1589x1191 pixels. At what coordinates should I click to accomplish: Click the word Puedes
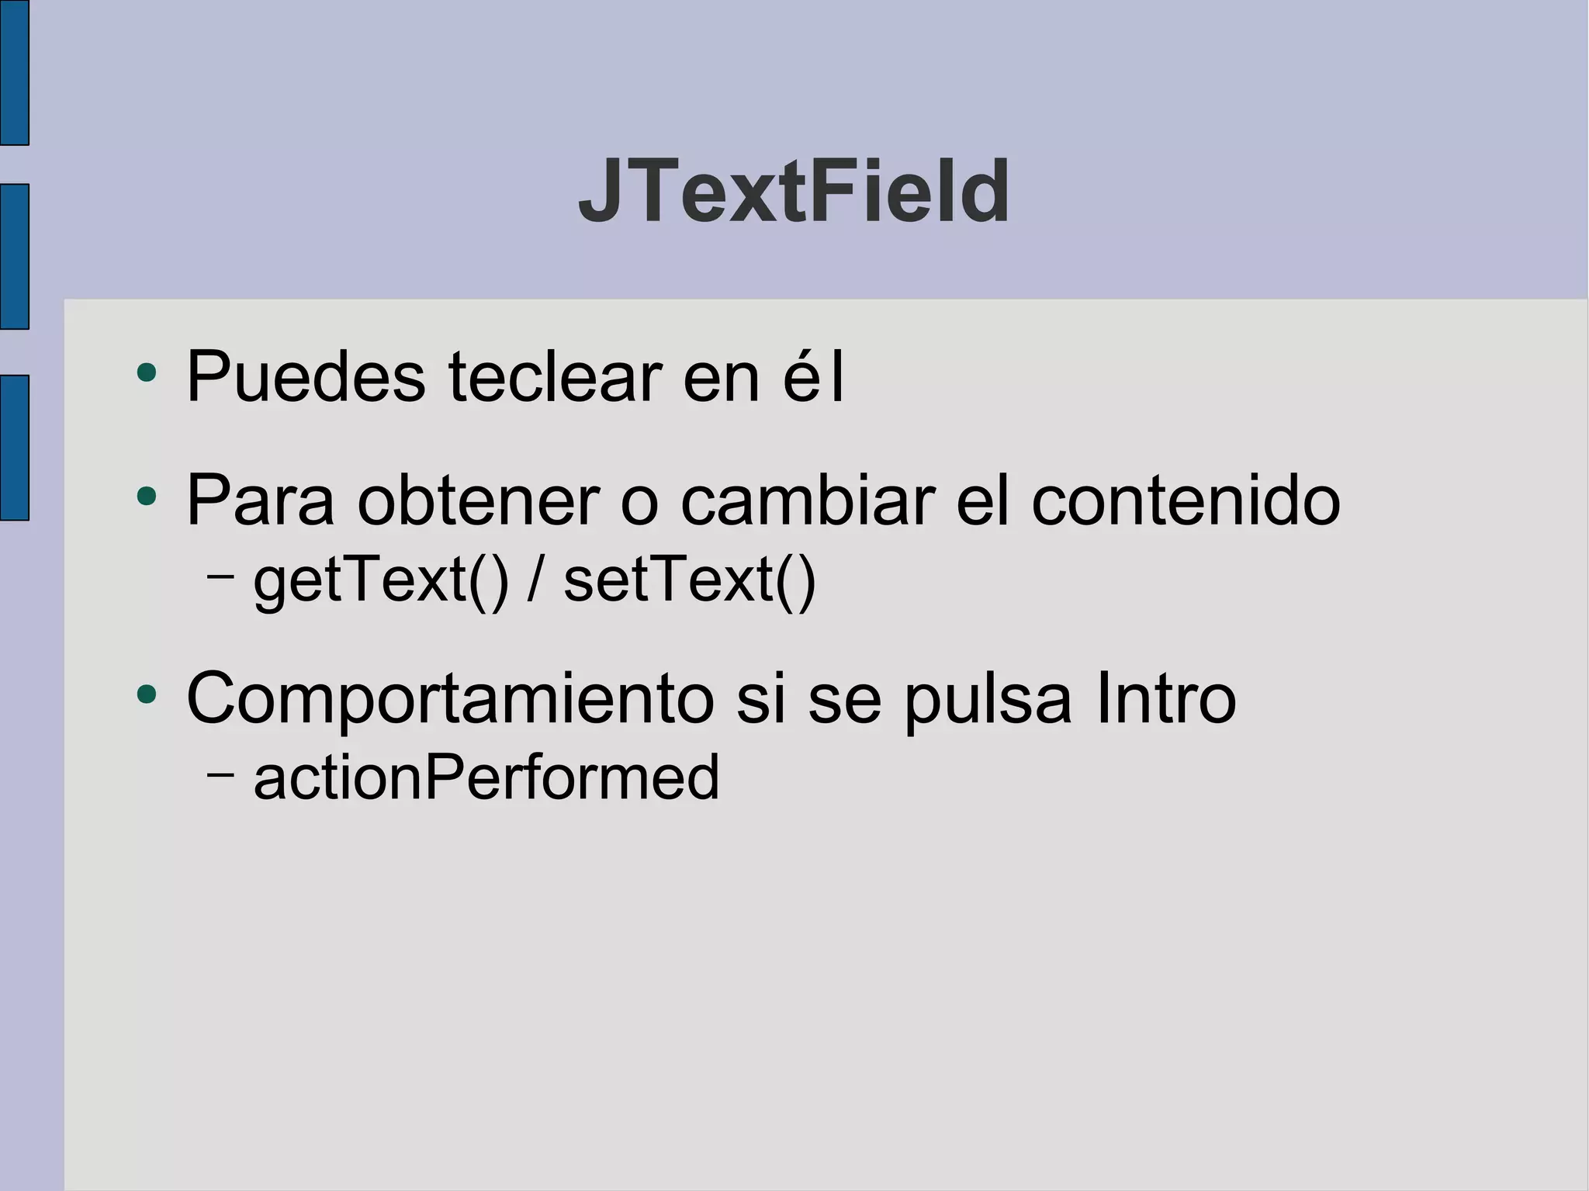click(x=306, y=378)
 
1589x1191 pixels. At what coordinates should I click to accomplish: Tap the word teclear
click(x=555, y=378)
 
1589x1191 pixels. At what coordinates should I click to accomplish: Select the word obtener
click(x=478, y=501)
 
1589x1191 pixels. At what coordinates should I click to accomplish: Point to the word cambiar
click(x=807, y=501)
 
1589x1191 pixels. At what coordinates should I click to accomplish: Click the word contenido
click(x=1186, y=501)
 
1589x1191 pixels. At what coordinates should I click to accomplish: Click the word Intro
click(x=1165, y=698)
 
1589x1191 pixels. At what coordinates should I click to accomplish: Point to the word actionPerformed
click(x=486, y=777)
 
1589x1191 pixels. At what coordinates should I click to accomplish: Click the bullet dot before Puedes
click(x=146, y=372)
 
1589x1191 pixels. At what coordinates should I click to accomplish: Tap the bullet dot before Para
click(x=146, y=496)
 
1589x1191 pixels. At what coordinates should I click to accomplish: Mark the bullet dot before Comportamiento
click(x=146, y=694)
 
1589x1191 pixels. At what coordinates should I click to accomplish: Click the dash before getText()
click(x=220, y=576)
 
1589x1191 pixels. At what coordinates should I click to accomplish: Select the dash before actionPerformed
click(x=220, y=773)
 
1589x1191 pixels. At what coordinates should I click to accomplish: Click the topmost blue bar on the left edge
click(x=14, y=72)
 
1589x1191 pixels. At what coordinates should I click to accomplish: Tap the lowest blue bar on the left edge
click(x=14, y=448)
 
